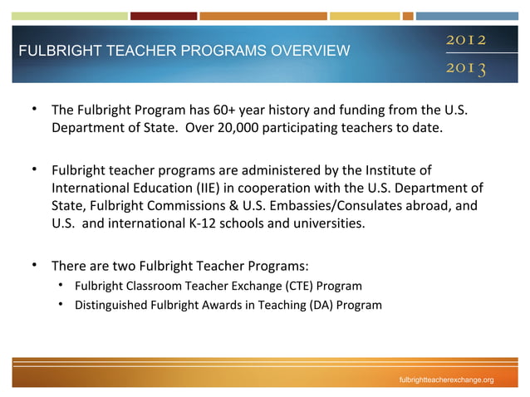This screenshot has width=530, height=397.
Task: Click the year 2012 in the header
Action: [466, 40]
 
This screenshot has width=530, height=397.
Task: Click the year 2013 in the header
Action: [466, 66]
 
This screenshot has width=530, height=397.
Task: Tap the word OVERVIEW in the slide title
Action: [309, 51]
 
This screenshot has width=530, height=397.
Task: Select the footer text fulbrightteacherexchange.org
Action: [446, 380]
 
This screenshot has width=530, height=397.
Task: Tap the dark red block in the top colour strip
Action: [164, 16]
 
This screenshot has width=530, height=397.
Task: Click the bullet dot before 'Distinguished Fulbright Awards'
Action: [61, 305]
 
